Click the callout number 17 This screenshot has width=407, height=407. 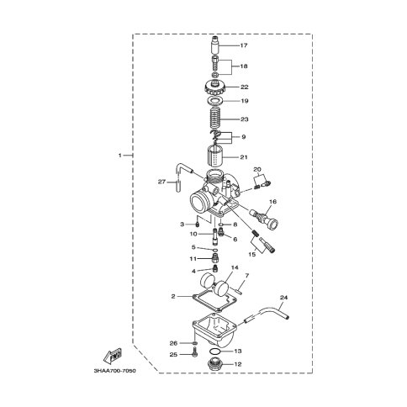pyautogui.click(x=244, y=45)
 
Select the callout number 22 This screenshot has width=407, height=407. pyautogui.click(x=245, y=87)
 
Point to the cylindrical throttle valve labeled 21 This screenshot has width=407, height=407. pyautogui.click(x=215, y=156)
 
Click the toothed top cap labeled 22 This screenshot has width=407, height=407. pyautogui.click(x=215, y=87)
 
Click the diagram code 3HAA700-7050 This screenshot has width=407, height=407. pyautogui.click(x=115, y=371)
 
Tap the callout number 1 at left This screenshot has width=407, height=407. pyautogui.click(x=120, y=156)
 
